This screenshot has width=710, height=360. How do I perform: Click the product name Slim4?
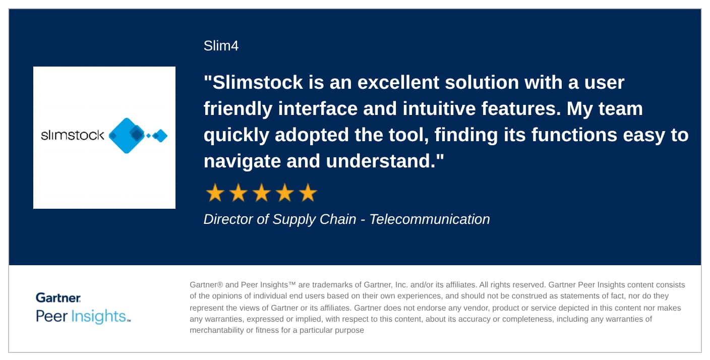pyautogui.click(x=221, y=46)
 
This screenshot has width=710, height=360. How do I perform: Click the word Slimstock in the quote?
pyautogui.click(x=258, y=82)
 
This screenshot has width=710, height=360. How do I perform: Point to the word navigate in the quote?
pyautogui.click(x=242, y=161)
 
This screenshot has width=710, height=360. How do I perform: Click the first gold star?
pyautogui.click(x=215, y=193)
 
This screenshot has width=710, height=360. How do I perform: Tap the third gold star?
pyautogui.click(x=262, y=193)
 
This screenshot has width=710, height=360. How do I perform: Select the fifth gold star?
pyautogui.click(x=308, y=193)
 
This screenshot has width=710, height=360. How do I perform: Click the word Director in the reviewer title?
pyautogui.click(x=228, y=219)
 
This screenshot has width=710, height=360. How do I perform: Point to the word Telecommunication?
pyautogui.click(x=430, y=219)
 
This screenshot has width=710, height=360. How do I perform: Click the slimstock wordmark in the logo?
pyautogui.click(x=72, y=135)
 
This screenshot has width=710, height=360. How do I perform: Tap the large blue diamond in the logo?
pyautogui.click(x=127, y=136)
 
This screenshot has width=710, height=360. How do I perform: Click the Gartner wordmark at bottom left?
pyautogui.click(x=58, y=297)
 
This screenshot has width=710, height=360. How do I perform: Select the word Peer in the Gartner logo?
pyautogui.click(x=51, y=316)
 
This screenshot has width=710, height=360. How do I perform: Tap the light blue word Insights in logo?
pyautogui.click(x=98, y=317)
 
